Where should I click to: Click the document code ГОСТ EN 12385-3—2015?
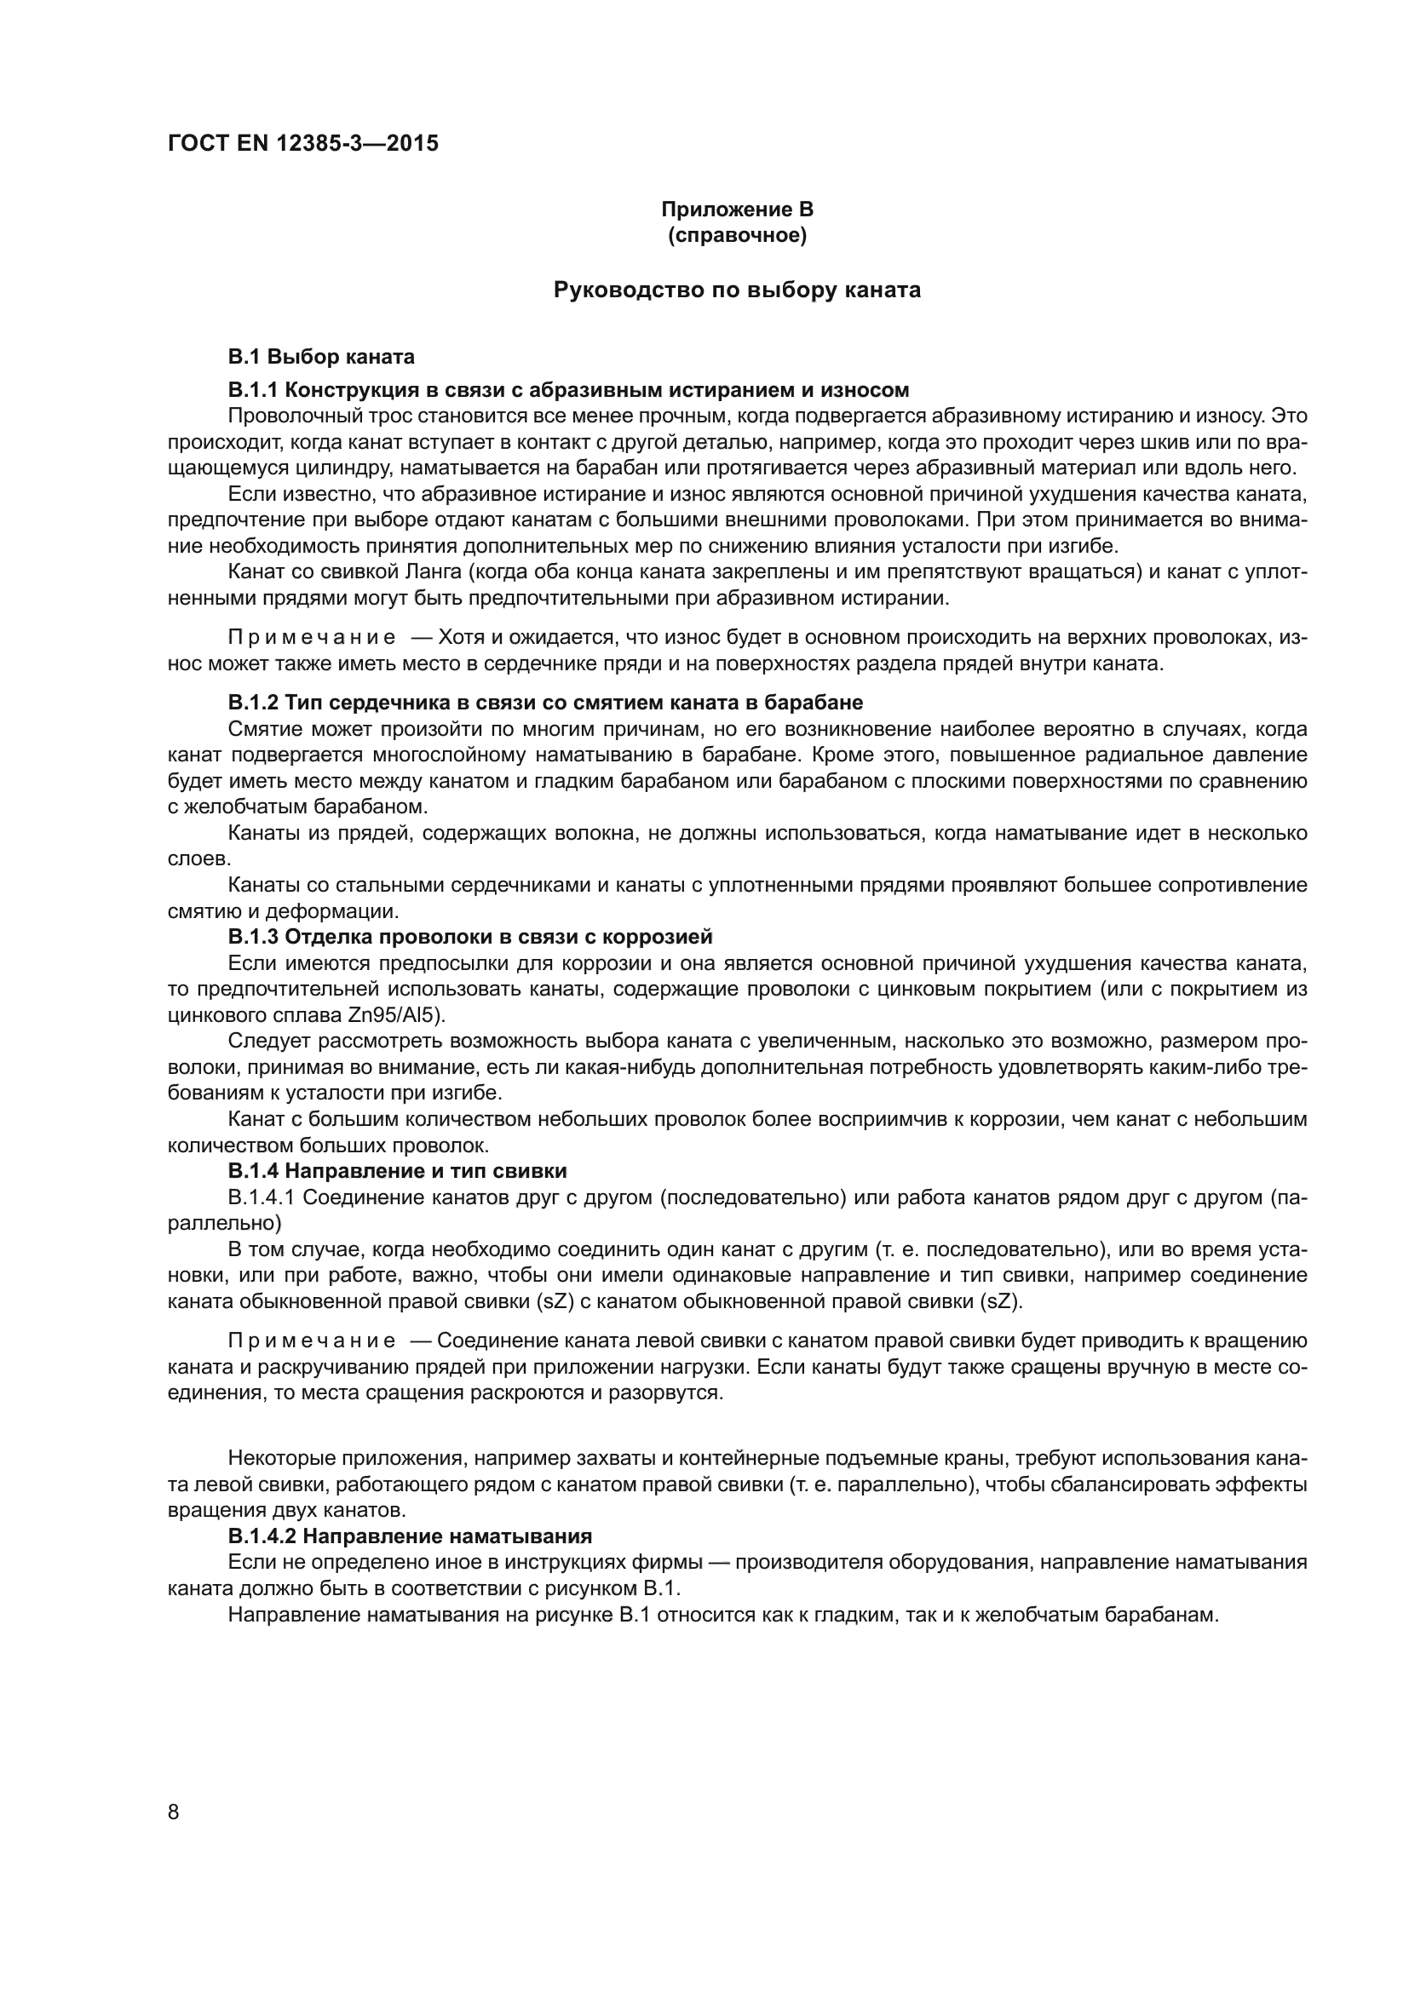pos(302,143)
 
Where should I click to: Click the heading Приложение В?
pos(737,210)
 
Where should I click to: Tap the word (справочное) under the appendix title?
pos(737,235)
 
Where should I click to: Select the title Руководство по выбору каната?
pos(737,290)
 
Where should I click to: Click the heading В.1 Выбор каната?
pos(321,357)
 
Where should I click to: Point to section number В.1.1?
pos(252,389)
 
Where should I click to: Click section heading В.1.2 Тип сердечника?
pos(545,701)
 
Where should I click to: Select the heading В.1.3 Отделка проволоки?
pos(469,936)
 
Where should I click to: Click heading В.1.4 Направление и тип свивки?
pos(396,1170)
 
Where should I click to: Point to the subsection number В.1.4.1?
pos(262,1197)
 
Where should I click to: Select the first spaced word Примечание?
pos(312,638)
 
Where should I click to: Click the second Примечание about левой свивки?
pos(312,1340)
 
